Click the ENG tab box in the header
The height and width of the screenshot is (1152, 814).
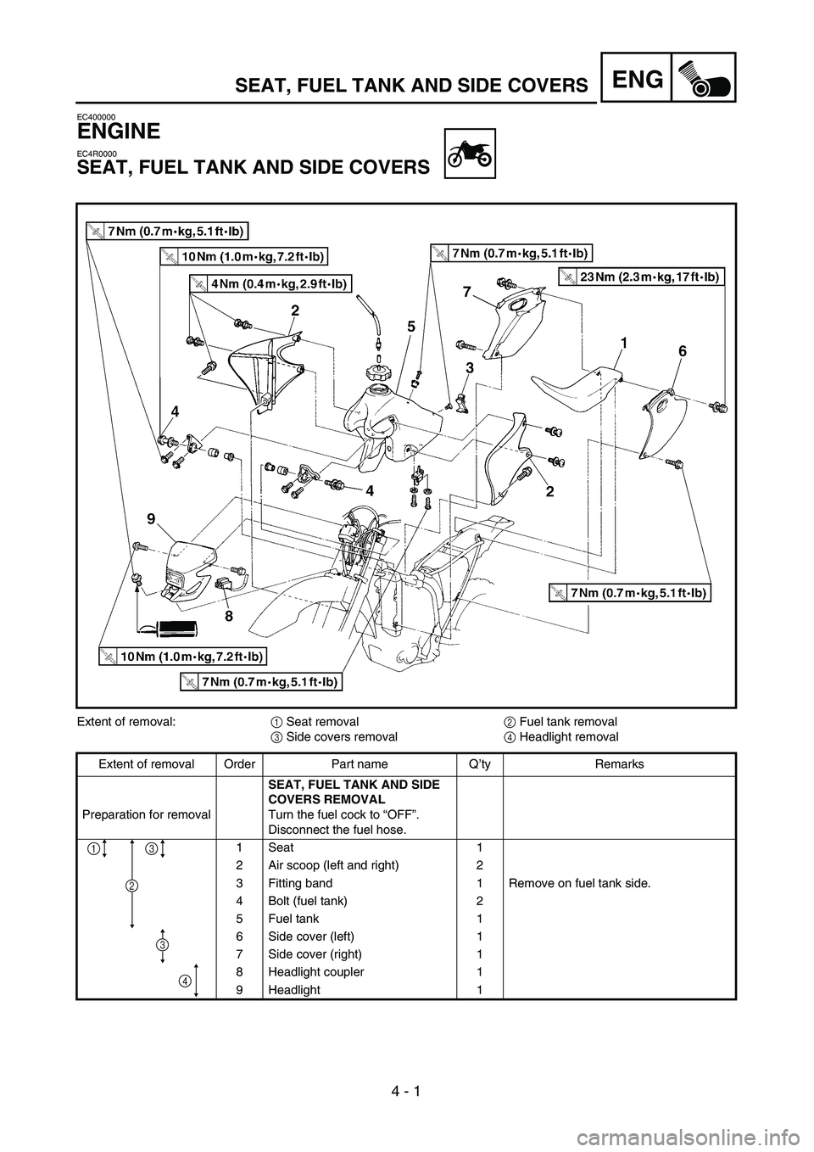[x=642, y=78]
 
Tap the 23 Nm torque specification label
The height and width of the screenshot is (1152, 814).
[x=642, y=276]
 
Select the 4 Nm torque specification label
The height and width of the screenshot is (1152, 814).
[x=270, y=284]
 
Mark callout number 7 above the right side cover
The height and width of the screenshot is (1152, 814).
[x=466, y=292]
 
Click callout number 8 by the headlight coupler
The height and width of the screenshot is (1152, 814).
[x=228, y=618]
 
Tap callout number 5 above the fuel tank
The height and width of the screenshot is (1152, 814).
[x=410, y=326]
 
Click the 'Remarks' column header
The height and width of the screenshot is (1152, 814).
[x=619, y=764]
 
